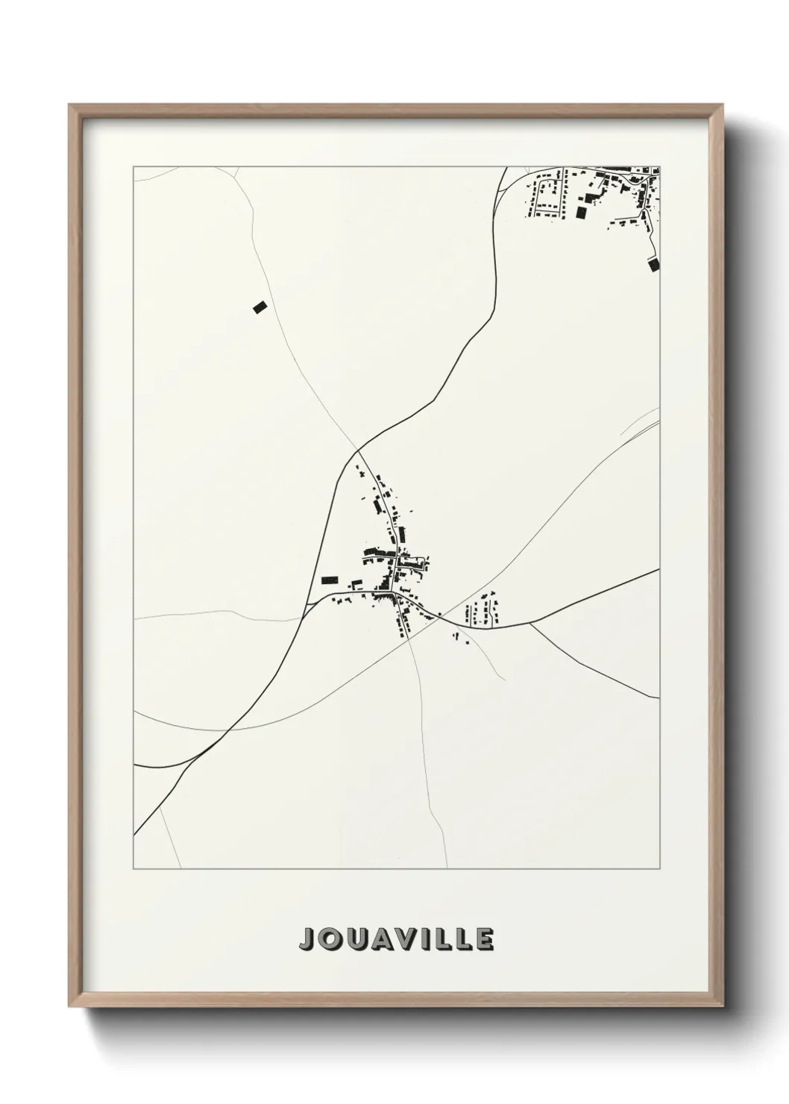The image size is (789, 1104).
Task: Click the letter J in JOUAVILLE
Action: [x=306, y=939]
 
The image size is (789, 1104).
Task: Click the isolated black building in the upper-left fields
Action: [x=259, y=307]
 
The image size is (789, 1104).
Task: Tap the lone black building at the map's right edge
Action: [x=654, y=263]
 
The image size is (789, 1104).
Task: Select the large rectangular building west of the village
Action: [x=329, y=580]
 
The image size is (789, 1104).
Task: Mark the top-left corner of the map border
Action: [x=133, y=166]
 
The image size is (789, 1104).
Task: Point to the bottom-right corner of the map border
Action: [x=661, y=869]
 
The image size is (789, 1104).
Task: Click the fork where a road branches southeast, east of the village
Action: [x=529, y=624]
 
